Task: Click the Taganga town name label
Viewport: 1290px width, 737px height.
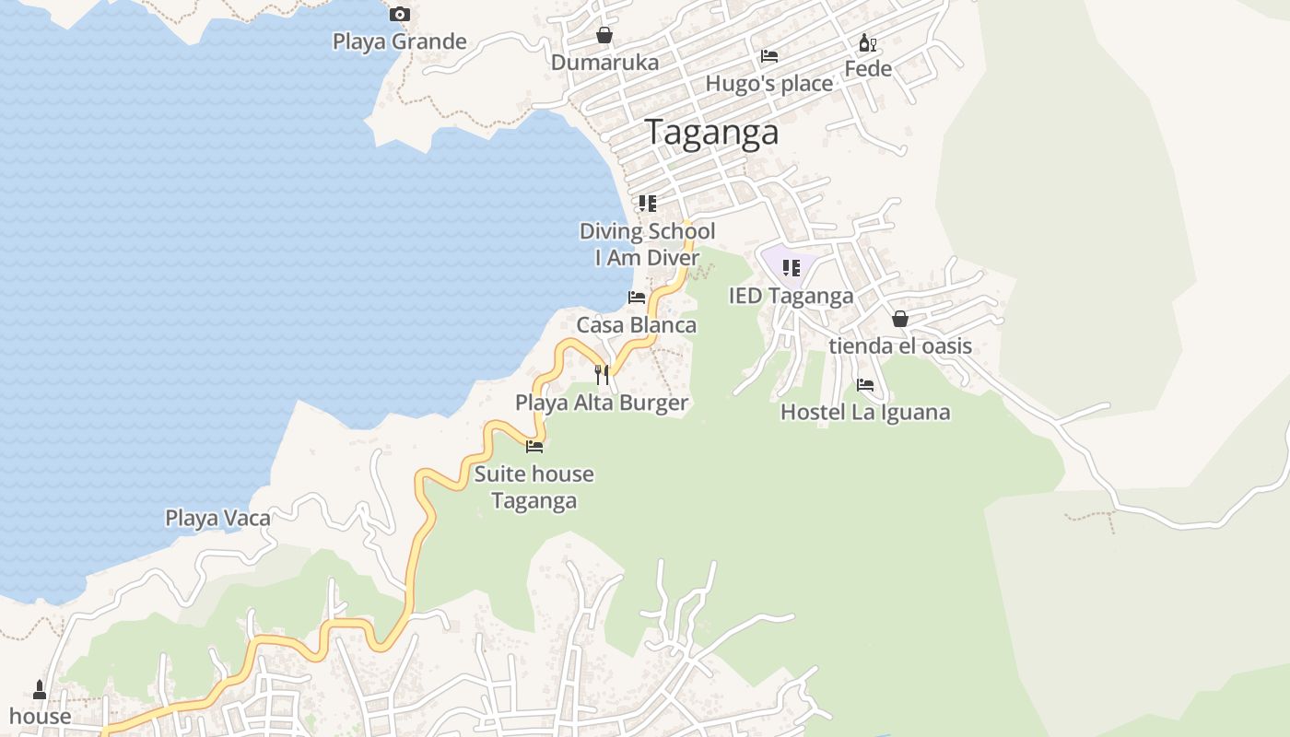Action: tap(711, 133)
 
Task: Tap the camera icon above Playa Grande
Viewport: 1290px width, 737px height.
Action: tap(399, 14)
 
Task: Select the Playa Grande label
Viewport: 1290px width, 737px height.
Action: tap(399, 41)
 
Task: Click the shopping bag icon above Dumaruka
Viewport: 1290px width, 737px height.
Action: tap(604, 35)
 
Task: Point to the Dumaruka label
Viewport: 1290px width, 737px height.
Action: tap(604, 63)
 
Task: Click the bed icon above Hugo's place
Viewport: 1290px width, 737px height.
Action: tap(769, 56)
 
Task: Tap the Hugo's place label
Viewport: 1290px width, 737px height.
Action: tap(768, 84)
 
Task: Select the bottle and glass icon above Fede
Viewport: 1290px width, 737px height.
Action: tap(867, 42)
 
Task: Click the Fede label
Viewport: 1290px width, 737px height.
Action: tap(868, 69)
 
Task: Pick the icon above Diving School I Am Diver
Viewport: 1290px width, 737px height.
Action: tap(648, 203)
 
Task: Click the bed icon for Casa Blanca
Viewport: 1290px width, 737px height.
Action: tap(637, 298)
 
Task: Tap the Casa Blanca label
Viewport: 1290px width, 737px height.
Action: tap(636, 325)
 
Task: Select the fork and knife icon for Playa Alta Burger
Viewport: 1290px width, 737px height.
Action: tap(602, 374)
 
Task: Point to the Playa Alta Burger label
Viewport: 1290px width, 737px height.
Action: tap(602, 403)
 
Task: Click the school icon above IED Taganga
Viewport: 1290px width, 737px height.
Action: tap(791, 268)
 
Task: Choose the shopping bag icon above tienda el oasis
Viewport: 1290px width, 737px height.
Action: tap(900, 319)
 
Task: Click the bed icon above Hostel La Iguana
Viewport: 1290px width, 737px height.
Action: tap(865, 385)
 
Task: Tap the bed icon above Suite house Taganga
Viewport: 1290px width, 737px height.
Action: tap(534, 447)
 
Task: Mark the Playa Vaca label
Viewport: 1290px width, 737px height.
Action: tap(217, 518)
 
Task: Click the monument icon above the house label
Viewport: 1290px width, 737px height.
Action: tap(40, 689)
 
